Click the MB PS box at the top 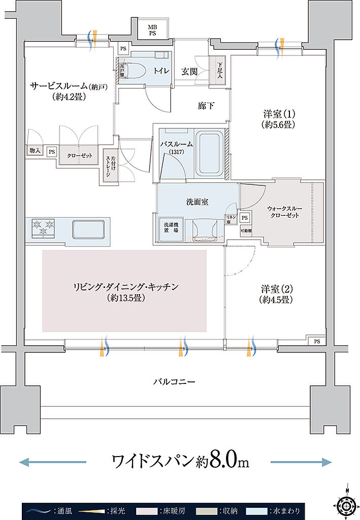coord(152,29)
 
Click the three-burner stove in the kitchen coord(43,227)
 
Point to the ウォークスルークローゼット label coord(282,211)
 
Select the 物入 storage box coord(35,151)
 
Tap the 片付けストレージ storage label coord(108,164)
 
